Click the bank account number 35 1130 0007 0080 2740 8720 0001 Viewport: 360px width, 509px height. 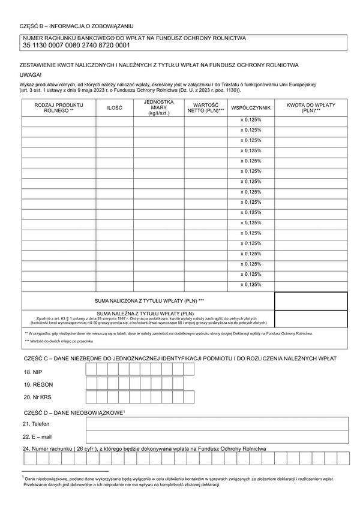pos(76,45)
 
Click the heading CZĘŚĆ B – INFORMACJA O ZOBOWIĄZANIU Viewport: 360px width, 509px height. pos(77,26)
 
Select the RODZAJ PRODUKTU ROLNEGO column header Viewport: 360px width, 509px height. pos(59,107)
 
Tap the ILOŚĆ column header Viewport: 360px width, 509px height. pos(114,107)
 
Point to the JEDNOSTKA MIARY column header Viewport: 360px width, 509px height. pos(158,107)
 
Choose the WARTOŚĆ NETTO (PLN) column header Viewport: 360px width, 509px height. pos(205,107)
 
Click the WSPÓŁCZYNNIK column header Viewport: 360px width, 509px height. pos(251,107)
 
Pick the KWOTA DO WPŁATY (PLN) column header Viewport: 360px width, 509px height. pos(311,107)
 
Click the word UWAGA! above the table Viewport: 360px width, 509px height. pos(31,74)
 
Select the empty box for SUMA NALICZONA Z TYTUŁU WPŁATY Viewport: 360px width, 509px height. pos(311,300)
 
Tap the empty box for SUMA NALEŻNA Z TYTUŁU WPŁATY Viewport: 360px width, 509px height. pos(311,318)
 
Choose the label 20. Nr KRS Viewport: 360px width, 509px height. pos(37,397)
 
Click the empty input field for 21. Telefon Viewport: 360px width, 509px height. pos(217,424)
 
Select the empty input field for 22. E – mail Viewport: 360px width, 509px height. pos(217,436)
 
